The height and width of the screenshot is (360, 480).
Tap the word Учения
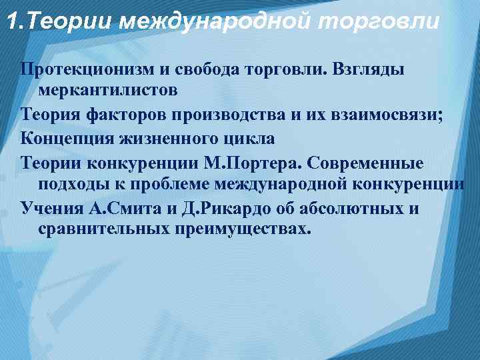click(x=51, y=208)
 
